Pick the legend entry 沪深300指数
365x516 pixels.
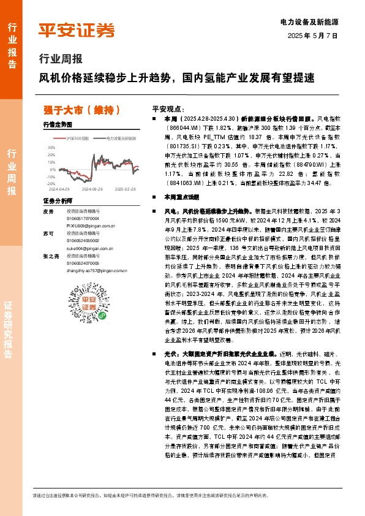(x=77, y=139)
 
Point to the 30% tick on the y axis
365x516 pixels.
(x=51, y=147)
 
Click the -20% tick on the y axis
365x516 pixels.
(x=50, y=183)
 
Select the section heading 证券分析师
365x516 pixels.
(x=54, y=201)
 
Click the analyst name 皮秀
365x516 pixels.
(x=49, y=211)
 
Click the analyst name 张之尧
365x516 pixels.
(x=51, y=256)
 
